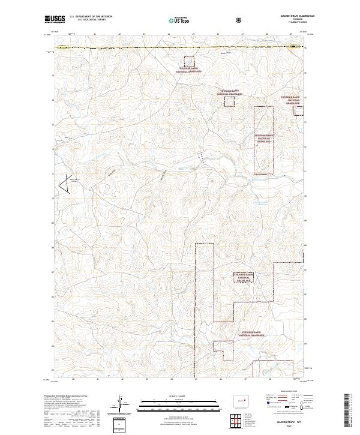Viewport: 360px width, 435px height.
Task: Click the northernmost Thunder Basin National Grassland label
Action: click(190, 70)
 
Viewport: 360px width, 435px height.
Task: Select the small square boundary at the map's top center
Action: click(189, 61)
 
